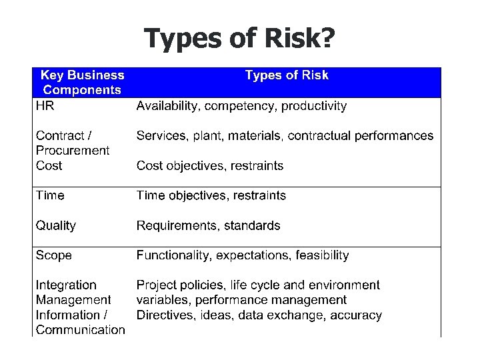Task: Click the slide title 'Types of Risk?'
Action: coord(239,39)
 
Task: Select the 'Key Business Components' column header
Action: coord(82,82)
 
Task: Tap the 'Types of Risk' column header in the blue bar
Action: coord(287,75)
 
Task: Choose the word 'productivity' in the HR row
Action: coord(314,106)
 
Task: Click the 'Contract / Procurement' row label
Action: coord(72,143)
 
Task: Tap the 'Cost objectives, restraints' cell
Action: coord(210,165)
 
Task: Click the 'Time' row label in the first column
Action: coord(50,195)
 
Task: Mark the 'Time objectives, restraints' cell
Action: coord(211,195)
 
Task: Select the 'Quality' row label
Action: coord(56,225)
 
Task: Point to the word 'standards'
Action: coord(252,225)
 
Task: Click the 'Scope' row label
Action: coord(54,255)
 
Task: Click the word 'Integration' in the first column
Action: coord(66,285)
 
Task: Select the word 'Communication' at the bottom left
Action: coord(80,329)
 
